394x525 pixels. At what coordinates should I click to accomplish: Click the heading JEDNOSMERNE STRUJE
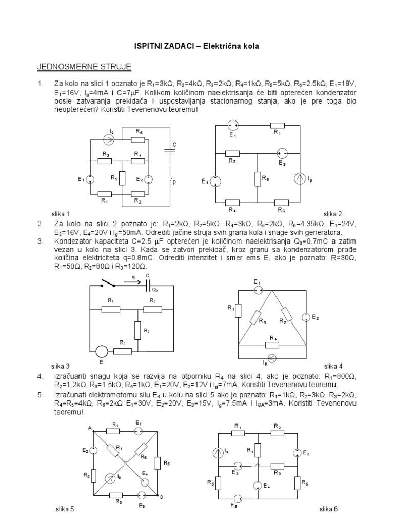(84, 67)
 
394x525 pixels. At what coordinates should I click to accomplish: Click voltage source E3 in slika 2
(282, 153)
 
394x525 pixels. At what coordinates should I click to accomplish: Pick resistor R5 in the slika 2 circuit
(258, 178)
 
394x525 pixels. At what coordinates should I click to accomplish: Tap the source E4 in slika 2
(215, 181)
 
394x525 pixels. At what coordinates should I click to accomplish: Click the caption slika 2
(332, 213)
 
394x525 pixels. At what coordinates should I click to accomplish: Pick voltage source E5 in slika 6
(237, 499)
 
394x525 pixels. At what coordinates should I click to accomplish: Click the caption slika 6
(328, 509)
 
